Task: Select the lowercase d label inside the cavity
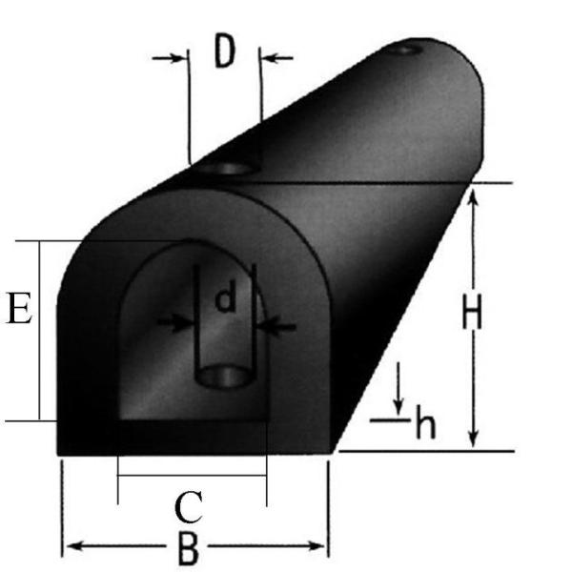tap(226, 300)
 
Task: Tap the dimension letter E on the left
tap(19, 310)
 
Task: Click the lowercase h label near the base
tap(425, 425)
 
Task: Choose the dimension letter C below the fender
tap(189, 506)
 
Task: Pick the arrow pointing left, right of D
tap(270, 58)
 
